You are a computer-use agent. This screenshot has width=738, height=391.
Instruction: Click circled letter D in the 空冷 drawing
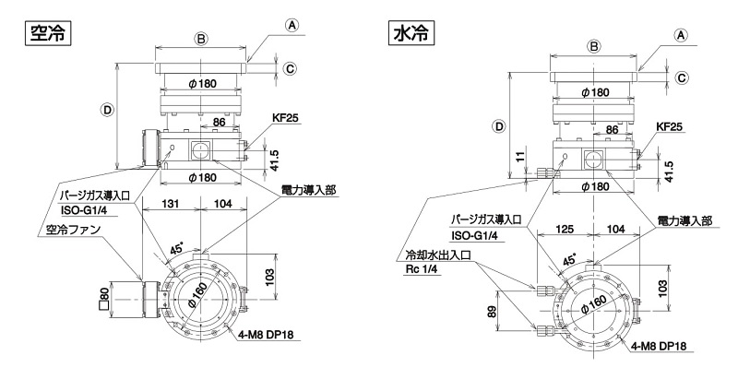(x=108, y=108)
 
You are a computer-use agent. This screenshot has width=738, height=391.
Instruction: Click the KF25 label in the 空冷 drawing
(x=284, y=119)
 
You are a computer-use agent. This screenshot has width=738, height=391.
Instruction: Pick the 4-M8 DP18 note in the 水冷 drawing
(x=660, y=346)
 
